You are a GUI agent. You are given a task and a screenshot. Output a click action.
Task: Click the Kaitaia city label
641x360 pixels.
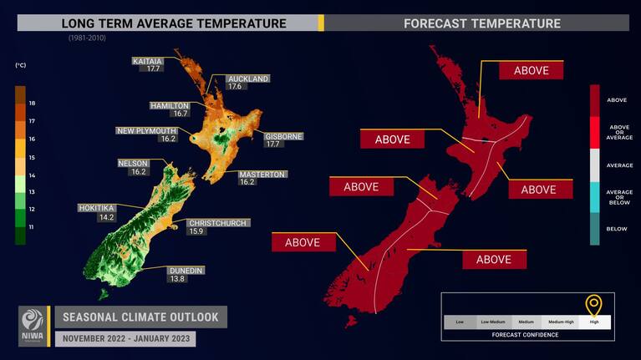(x=146, y=61)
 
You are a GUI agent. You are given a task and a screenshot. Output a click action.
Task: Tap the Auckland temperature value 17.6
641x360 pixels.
(x=234, y=87)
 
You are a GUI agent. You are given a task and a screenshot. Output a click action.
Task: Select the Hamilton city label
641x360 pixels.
(x=170, y=106)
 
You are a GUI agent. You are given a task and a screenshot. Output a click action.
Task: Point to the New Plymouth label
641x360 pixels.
(x=147, y=130)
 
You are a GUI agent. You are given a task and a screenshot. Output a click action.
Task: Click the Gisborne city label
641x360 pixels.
(x=283, y=135)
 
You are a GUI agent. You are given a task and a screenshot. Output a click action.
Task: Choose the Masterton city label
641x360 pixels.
(x=262, y=174)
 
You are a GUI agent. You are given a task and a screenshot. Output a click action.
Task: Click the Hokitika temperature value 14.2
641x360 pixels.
(x=105, y=217)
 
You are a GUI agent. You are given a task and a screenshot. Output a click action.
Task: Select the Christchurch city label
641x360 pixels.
(x=216, y=222)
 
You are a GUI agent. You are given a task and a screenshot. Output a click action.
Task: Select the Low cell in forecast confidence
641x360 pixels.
(x=460, y=322)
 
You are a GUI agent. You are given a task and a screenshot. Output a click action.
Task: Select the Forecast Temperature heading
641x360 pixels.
(x=482, y=23)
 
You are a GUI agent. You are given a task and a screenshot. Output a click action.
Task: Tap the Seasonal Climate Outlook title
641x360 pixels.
(x=140, y=317)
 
